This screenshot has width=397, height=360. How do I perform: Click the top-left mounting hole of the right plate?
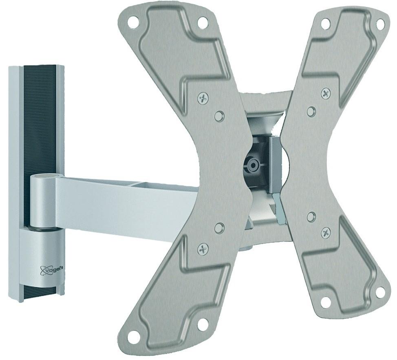point(324,23)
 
